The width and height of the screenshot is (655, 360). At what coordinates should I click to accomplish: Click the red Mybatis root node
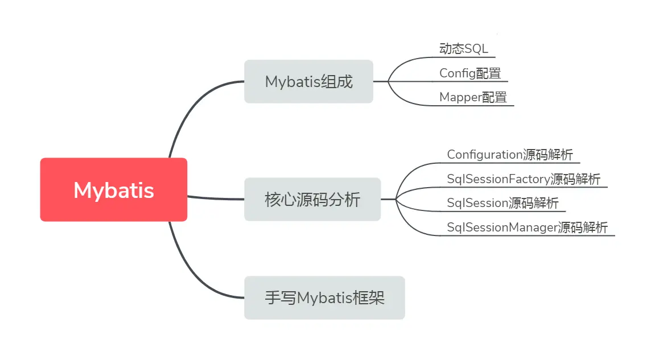[114, 189]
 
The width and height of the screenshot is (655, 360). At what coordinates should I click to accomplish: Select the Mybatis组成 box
[308, 81]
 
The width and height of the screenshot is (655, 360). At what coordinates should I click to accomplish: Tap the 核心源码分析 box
[312, 199]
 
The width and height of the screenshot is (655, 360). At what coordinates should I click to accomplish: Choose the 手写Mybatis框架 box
[324, 297]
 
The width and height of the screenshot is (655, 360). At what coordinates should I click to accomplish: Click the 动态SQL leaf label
[463, 49]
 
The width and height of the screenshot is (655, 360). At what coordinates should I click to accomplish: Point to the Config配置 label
[469, 73]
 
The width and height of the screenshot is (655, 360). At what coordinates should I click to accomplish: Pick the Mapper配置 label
[473, 97]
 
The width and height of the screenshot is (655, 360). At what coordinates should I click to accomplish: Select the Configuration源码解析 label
[510, 155]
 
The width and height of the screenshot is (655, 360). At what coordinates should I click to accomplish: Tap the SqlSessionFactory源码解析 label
[523, 179]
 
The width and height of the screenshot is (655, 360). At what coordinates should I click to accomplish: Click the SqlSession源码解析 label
[502, 203]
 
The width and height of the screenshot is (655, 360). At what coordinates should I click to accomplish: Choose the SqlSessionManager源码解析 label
[527, 227]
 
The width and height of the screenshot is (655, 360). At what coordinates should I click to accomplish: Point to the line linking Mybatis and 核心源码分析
[216, 198]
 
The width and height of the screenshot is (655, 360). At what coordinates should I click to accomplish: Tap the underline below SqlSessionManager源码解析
[529, 235]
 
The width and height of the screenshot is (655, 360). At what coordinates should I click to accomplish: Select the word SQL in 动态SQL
[476, 49]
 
